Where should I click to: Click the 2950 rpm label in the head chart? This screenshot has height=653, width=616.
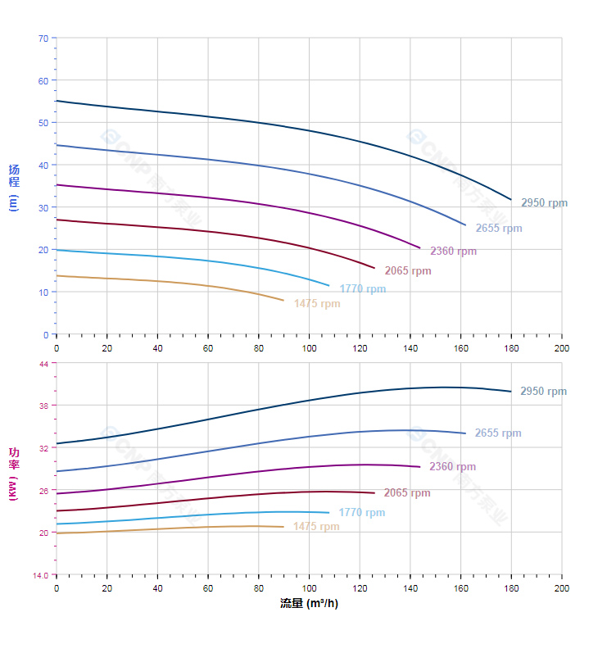tap(544, 203)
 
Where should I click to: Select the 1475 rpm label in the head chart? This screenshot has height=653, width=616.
tap(317, 304)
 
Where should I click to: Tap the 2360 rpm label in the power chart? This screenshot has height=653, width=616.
tap(452, 467)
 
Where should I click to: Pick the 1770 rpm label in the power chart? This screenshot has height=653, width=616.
tap(361, 513)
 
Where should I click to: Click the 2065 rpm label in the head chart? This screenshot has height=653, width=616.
tap(407, 271)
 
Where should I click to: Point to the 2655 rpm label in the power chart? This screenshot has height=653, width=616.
tap(497, 433)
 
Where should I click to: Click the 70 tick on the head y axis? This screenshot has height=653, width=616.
tap(43, 38)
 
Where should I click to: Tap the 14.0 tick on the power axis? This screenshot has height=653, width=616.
tap(41, 575)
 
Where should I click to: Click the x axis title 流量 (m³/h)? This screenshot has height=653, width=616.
tap(309, 604)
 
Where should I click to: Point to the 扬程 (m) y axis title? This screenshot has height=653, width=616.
tap(14, 188)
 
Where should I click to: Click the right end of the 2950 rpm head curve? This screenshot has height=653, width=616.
tap(511, 200)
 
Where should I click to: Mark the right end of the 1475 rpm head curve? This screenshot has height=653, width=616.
tap(283, 301)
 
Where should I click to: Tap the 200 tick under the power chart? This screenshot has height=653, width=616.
tap(562, 588)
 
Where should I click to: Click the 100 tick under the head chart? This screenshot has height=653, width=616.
tap(309, 348)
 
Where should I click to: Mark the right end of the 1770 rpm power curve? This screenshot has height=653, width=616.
tap(328, 513)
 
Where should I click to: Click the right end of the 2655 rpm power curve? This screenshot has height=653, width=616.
tap(465, 433)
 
